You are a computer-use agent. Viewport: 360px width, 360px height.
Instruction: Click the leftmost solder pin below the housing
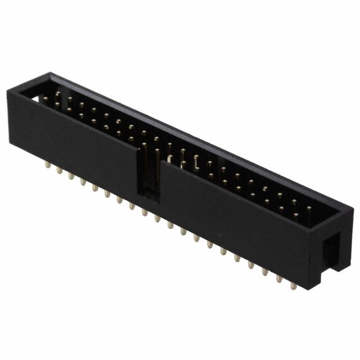pyautogui.click(x=46, y=166)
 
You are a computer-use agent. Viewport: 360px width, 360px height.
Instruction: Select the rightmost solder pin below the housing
pyautogui.click(x=293, y=285)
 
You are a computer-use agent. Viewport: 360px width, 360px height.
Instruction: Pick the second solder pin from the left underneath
pyautogui.click(x=58, y=171)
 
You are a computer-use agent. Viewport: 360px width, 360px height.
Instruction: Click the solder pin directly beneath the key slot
pyautogui.click(x=145, y=212)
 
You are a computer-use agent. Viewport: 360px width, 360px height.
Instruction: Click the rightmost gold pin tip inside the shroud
pyautogui.click(x=309, y=210)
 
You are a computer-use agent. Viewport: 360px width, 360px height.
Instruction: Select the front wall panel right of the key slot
pyautogui.click(x=236, y=225)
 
